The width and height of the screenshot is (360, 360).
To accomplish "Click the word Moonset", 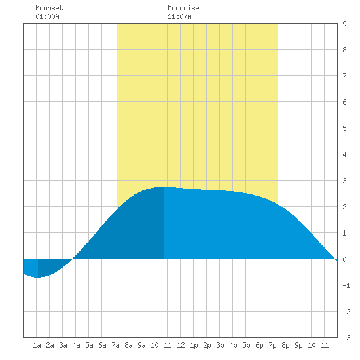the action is pos(49,8).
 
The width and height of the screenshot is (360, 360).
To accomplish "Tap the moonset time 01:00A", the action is pos(47,16).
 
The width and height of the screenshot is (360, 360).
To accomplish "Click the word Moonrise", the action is pos(183,8).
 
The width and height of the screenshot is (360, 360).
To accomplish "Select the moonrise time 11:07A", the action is pos(179,16).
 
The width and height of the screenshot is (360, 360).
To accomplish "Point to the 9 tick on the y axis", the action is pos(344,24).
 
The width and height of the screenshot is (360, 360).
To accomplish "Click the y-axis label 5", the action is pos(344,128).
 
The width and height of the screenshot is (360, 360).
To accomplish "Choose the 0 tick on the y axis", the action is pos(344,259).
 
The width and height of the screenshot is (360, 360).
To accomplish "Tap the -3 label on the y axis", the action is pos(346,338).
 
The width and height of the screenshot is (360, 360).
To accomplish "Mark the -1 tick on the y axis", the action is pos(346,285).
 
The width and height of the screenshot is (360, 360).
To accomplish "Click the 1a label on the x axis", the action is pos(37,345).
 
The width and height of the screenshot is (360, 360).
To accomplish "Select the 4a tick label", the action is pos(76,345).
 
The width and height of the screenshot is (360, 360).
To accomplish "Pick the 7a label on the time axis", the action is pos(115,345).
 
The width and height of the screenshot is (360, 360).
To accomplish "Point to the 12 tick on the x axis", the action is pos(181,345).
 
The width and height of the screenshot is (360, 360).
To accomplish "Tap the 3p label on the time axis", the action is pos(220,345).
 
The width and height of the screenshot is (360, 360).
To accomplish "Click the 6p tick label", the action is pos(259,345).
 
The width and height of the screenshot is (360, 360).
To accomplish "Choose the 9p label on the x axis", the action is pos(298,345).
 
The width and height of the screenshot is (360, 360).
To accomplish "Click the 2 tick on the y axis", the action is pos(344,207).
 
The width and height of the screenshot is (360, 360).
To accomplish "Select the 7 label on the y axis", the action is pos(344,76).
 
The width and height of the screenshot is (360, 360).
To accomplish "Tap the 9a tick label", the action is pos(141,345).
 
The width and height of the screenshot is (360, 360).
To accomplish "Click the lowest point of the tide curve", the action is pos(37,277).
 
